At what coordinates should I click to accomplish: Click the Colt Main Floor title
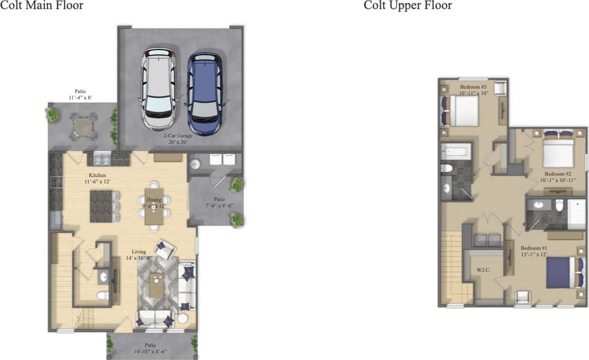(x=42, y=6)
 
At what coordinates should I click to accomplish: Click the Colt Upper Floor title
(x=408, y=6)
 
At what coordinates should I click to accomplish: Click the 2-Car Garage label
(x=180, y=138)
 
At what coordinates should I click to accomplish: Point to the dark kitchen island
(x=101, y=206)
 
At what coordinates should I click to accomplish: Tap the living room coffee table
(x=156, y=284)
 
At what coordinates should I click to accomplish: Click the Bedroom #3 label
(x=473, y=90)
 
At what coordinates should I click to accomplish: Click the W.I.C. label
(x=483, y=270)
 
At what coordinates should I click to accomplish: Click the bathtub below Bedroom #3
(x=457, y=151)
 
